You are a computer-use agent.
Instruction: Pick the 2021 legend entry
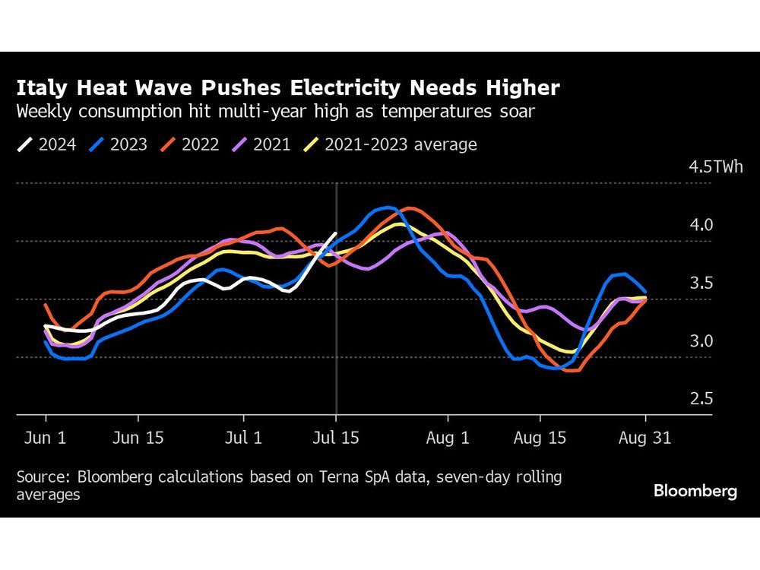click(261, 144)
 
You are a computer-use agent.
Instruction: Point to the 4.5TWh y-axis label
click(715, 167)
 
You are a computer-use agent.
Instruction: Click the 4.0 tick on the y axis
click(701, 226)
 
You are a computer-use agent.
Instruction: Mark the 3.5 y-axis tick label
click(701, 283)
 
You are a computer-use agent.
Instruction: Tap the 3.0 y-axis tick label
click(701, 341)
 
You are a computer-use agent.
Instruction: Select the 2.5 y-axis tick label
click(701, 399)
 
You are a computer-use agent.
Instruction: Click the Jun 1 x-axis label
click(46, 439)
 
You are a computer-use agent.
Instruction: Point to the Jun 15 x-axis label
click(138, 439)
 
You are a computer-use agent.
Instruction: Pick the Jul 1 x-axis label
click(244, 439)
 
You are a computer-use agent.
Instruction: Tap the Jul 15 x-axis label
click(336, 439)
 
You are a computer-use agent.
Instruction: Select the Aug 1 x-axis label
click(448, 439)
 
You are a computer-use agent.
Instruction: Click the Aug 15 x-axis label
click(540, 439)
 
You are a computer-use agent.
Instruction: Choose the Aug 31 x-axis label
click(645, 439)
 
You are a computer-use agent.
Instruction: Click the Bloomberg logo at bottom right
click(695, 492)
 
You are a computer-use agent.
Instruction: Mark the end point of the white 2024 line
click(336, 233)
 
